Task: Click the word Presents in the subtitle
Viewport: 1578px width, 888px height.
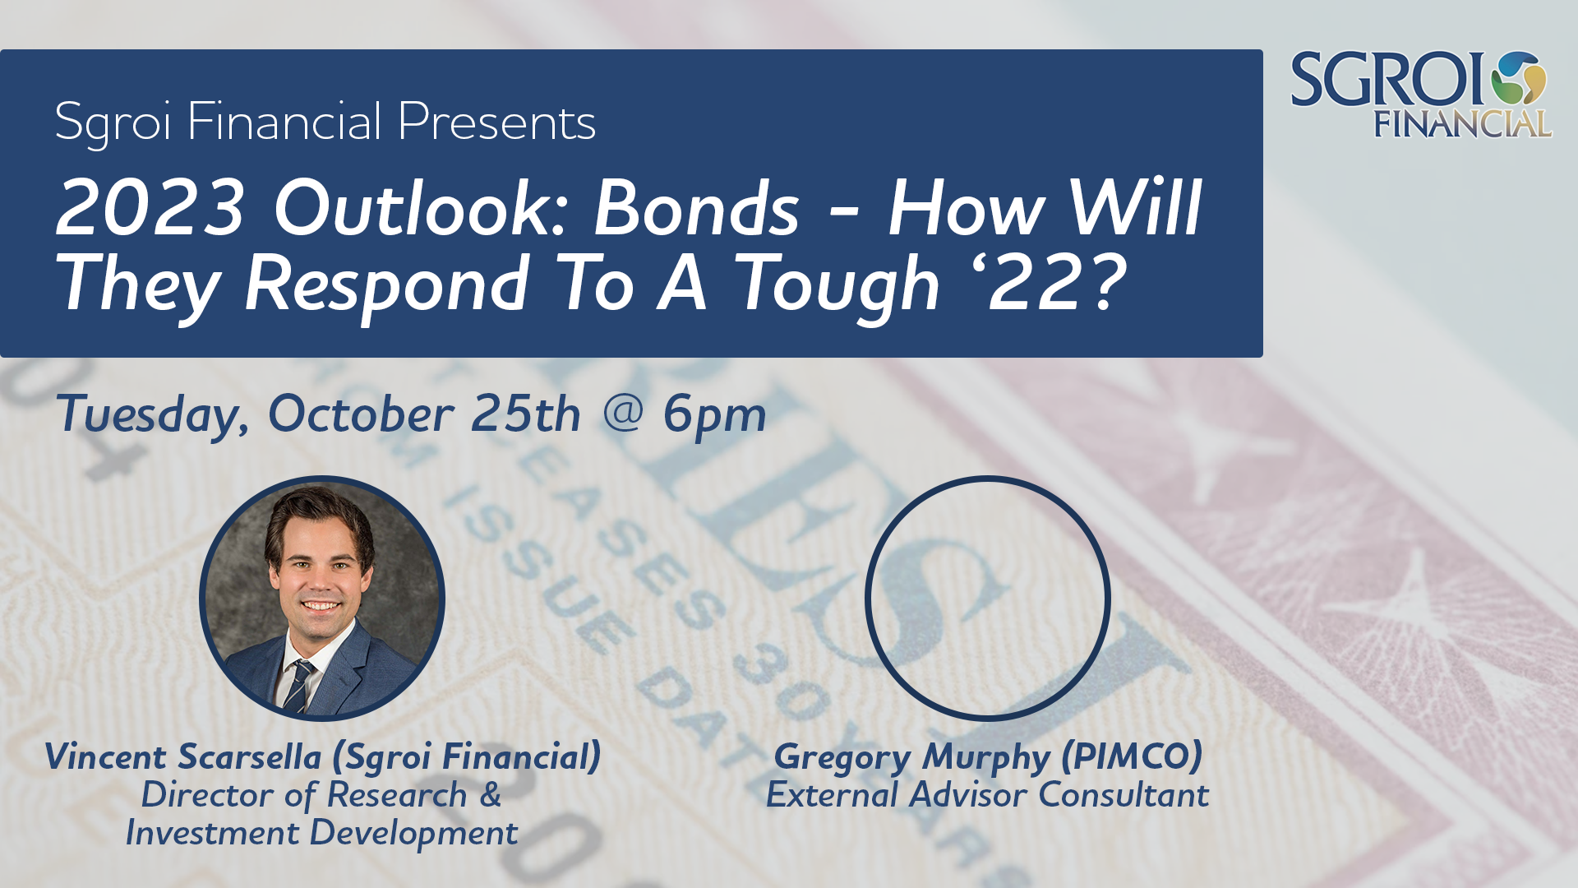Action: pyautogui.click(x=496, y=122)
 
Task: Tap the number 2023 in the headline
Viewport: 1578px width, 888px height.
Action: pyautogui.click(x=151, y=208)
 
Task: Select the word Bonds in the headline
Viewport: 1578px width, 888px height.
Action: pyautogui.click(x=696, y=208)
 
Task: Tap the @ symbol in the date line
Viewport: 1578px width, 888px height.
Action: pyautogui.click(x=622, y=411)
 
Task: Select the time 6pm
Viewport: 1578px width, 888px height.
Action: pyautogui.click(x=714, y=414)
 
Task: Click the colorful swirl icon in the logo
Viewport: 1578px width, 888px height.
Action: pyautogui.click(x=1519, y=80)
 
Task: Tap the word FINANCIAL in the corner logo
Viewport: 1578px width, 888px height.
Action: pyautogui.click(x=1463, y=124)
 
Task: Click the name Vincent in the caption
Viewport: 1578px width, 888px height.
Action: pyautogui.click(x=106, y=756)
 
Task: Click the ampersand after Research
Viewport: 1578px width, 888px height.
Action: pyautogui.click(x=490, y=794)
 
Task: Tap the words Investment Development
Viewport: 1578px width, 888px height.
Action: pyautogui.click(x=321, y=833)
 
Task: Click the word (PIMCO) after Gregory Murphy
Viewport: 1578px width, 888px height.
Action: pyautogui.click(x=1132, y=756)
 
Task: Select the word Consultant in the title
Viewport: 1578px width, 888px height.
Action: pyautogui.click(x=1124, y=794)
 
